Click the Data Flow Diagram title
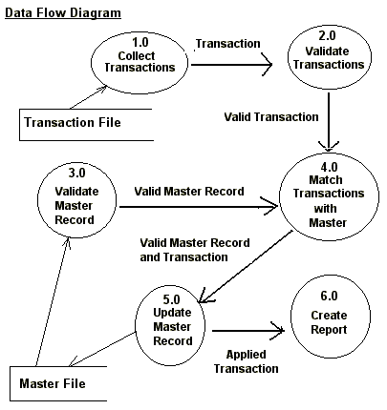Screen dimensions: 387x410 pos(63,13)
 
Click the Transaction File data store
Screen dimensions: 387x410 pos(86,125)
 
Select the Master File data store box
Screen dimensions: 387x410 pos(58,383)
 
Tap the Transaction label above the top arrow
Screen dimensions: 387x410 pos(228,44)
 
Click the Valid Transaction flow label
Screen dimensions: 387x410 pos(271,117)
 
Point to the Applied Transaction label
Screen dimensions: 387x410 pos(247,361)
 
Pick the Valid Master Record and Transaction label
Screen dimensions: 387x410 pos(195,250)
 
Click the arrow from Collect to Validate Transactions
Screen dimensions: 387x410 pos(231,65)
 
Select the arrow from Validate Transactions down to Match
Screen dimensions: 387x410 pos(329,122)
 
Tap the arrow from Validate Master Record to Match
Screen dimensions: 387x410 pos(199,207)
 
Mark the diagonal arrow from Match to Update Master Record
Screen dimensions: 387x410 pos(246,266)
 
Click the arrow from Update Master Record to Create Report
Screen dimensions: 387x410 pos(248,331)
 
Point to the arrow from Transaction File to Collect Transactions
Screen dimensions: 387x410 pos(88,97)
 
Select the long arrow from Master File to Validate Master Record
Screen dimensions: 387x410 pos(53,302)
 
